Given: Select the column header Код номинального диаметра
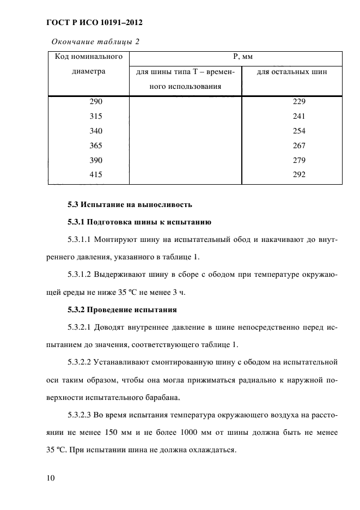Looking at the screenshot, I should pos(88,64).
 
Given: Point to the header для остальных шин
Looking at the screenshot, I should pos(291,72).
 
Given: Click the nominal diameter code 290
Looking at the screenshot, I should pos(95,102).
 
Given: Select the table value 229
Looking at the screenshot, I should pos(298,102).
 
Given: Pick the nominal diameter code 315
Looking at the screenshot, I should pos(95,117).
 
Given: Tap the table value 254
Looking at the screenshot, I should pos(298,131).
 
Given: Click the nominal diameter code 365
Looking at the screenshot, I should pos(95,145).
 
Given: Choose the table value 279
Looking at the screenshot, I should pos(298,160).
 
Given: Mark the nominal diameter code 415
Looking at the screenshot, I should pos(95,174).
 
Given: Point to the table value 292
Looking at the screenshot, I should pos(298,174).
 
